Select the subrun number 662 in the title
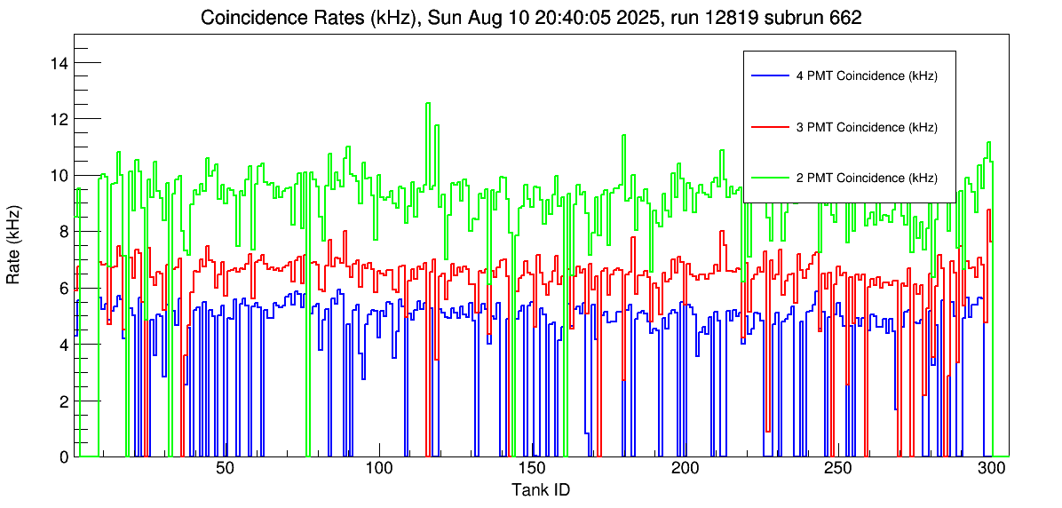[x=844, y=18]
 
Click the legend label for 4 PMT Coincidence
[x=867, y=76]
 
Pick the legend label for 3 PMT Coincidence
[x=867, y=127]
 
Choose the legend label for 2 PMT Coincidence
[x=867, y=178]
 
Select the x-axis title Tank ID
[x=541, y=489]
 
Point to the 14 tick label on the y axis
[x=59, y=63]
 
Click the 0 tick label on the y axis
[x=64, y=456]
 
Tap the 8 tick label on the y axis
[x=64, y=232]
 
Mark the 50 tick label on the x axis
[x=225, y=469]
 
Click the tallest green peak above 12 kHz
[x=428, y=104]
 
